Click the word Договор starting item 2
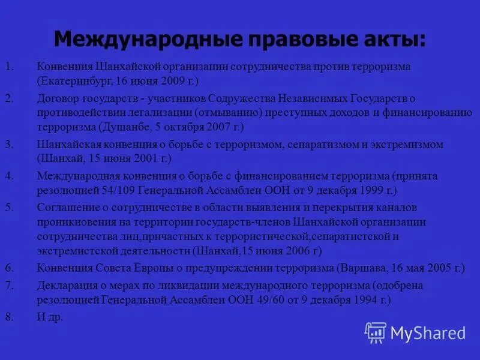click(58, 98)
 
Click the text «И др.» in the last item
click(50, 317)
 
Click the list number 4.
click(8, 176)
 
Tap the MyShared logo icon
click(376, 332)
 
